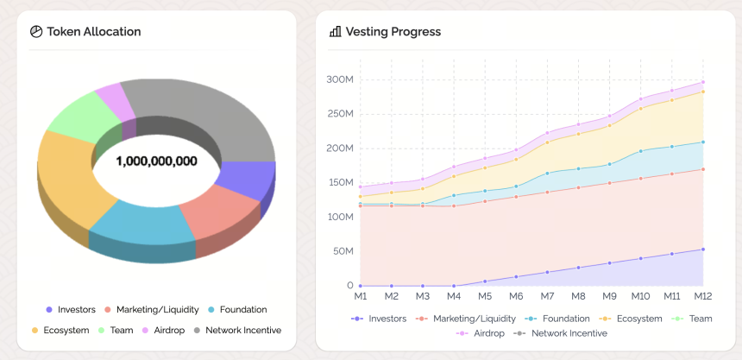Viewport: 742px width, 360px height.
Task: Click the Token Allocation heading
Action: (x=94, y=32)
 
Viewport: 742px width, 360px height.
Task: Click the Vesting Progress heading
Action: (x=393, y=32)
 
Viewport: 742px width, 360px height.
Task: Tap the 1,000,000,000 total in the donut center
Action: (x=157, y=161)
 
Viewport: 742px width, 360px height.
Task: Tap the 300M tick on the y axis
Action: (x=340, y=79)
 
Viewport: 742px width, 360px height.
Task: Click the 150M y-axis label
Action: (x=340, y=183)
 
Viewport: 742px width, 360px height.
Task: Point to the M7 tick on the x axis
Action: (x=547, y=296)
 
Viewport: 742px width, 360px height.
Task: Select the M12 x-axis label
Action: (x=702, y=296)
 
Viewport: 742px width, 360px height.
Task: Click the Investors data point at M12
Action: (x=702, y=249)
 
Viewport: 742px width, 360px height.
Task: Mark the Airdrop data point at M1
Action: (x=361, y=186)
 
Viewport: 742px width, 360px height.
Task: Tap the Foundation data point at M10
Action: (x=641, y=151)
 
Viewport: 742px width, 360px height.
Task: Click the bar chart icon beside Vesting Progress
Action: (x=335, y=32)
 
